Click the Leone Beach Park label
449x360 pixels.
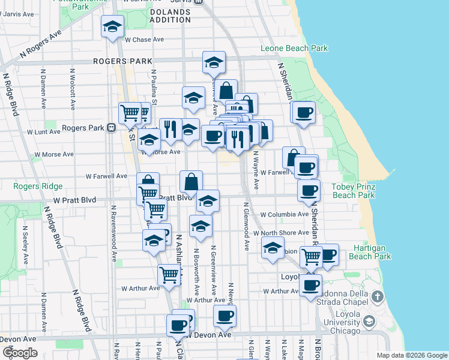294,48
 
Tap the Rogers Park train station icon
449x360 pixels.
111,128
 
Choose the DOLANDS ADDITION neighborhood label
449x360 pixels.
173,16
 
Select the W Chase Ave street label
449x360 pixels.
144,40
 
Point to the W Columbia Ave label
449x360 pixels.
284,214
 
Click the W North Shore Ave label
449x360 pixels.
280,233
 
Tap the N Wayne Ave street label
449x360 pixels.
256,170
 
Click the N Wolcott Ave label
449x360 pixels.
72,92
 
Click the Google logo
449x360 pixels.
20,353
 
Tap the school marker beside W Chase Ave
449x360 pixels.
112,28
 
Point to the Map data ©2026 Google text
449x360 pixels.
411,355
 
